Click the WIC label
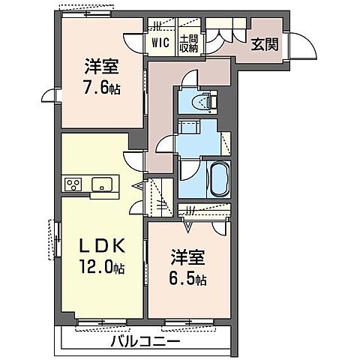point(160,43)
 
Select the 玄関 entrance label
point(265,44)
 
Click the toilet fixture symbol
point(203,101)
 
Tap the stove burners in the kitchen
point(75,184)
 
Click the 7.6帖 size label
point(101,87)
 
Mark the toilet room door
point(190,79)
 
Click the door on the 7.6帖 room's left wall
point(49,94)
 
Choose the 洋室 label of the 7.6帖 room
point(98,66)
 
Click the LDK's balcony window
point(102,323)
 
